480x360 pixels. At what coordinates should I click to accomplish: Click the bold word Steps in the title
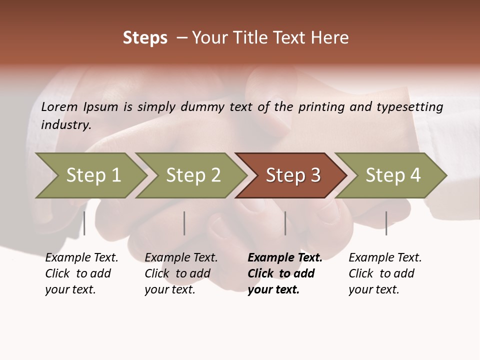[145, 38]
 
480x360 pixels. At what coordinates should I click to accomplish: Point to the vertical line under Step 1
[84, 223]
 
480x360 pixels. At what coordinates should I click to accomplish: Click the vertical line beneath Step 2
[184, 223]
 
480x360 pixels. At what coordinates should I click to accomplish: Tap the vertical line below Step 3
[285, 223]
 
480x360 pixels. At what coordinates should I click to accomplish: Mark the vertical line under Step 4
[386, 223]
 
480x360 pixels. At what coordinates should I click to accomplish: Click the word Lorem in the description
[59, 107]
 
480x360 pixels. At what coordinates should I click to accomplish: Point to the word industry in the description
[66, 125]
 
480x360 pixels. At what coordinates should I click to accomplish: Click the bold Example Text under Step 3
[285, 257]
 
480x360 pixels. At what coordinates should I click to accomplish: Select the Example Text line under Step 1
[81, 257]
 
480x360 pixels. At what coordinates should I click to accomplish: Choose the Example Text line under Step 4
[385, 257]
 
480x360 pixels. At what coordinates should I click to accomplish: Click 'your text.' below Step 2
[170, 289]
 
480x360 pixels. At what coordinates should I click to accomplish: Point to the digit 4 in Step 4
[414, 175]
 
